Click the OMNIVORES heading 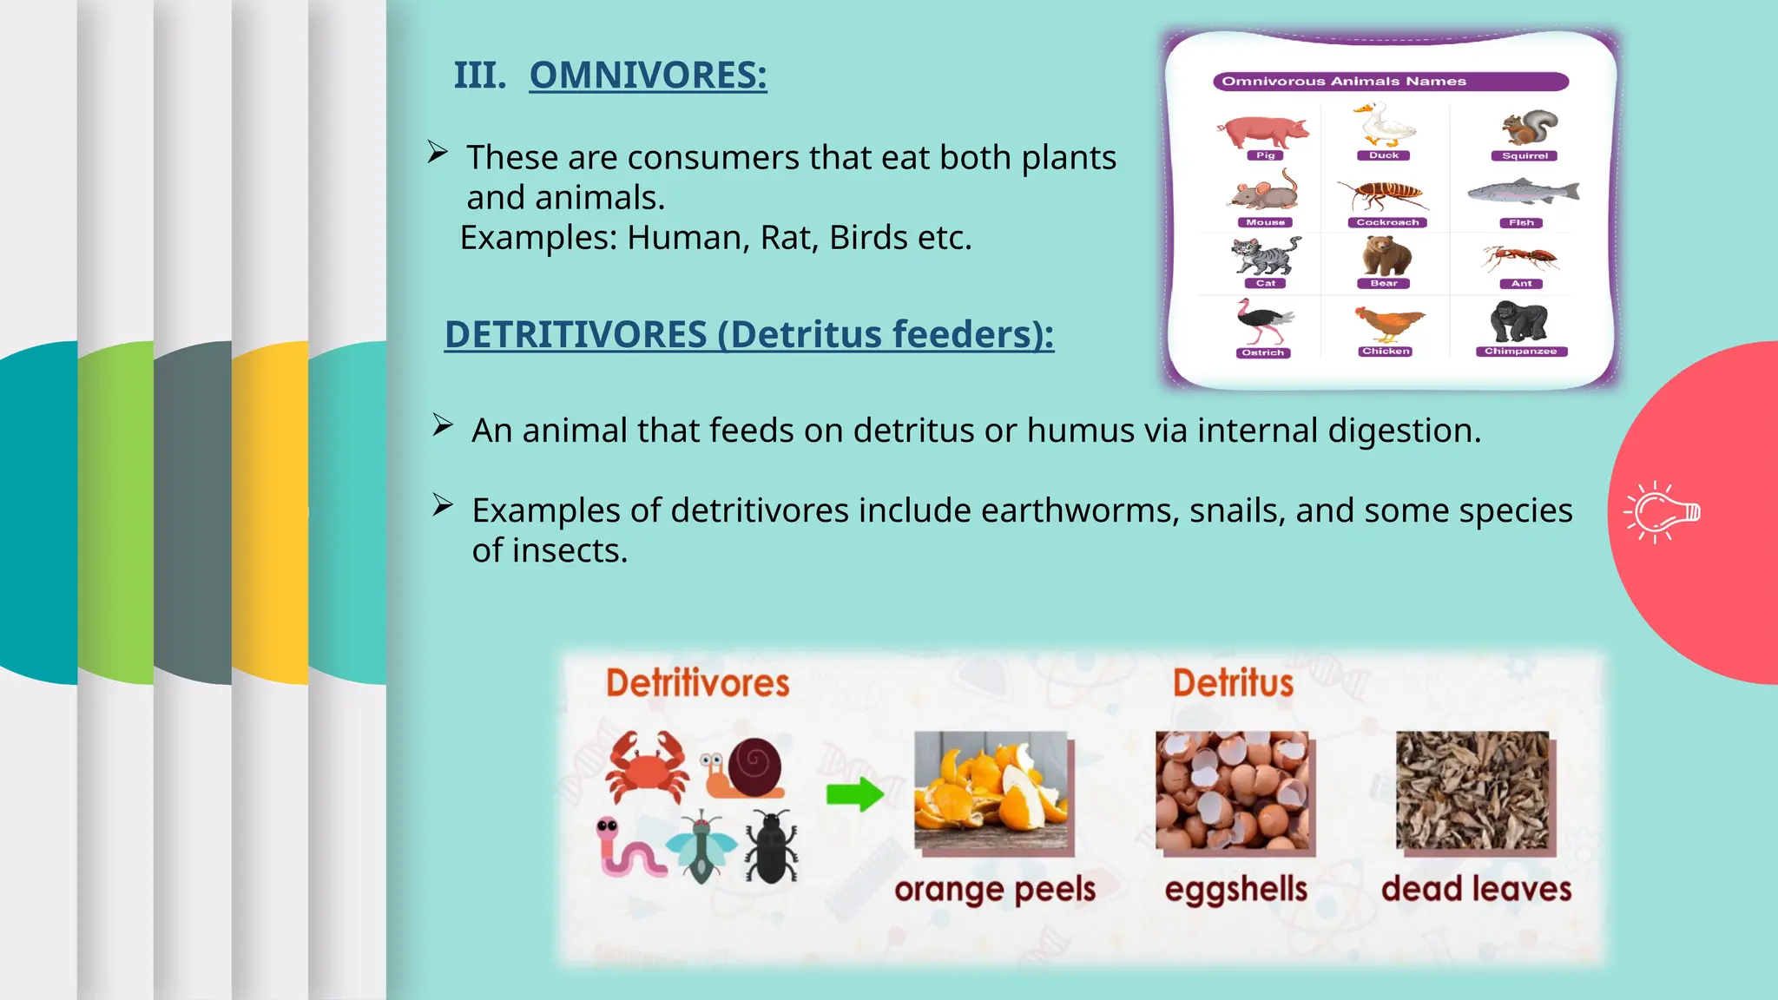[x=648, y=75]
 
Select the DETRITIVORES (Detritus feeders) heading [x=748, y=334]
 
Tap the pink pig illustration [x=1263, y=131]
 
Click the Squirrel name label [x=1524, y=156]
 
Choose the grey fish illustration [x=1523, y=192]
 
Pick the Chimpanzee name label [x=1520, y=352]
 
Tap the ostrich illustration [x=1263, y=322]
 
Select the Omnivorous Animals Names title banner [x=1390, y=82]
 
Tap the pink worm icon [x=629, y=848]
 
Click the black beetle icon [x=771, y=846]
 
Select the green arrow [x=854, y=793]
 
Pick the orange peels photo [x=992, y=791]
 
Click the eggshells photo [x=1233, y=791]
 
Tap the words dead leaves [x=1476, y=890]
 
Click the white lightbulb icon [x=1661, y=512]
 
